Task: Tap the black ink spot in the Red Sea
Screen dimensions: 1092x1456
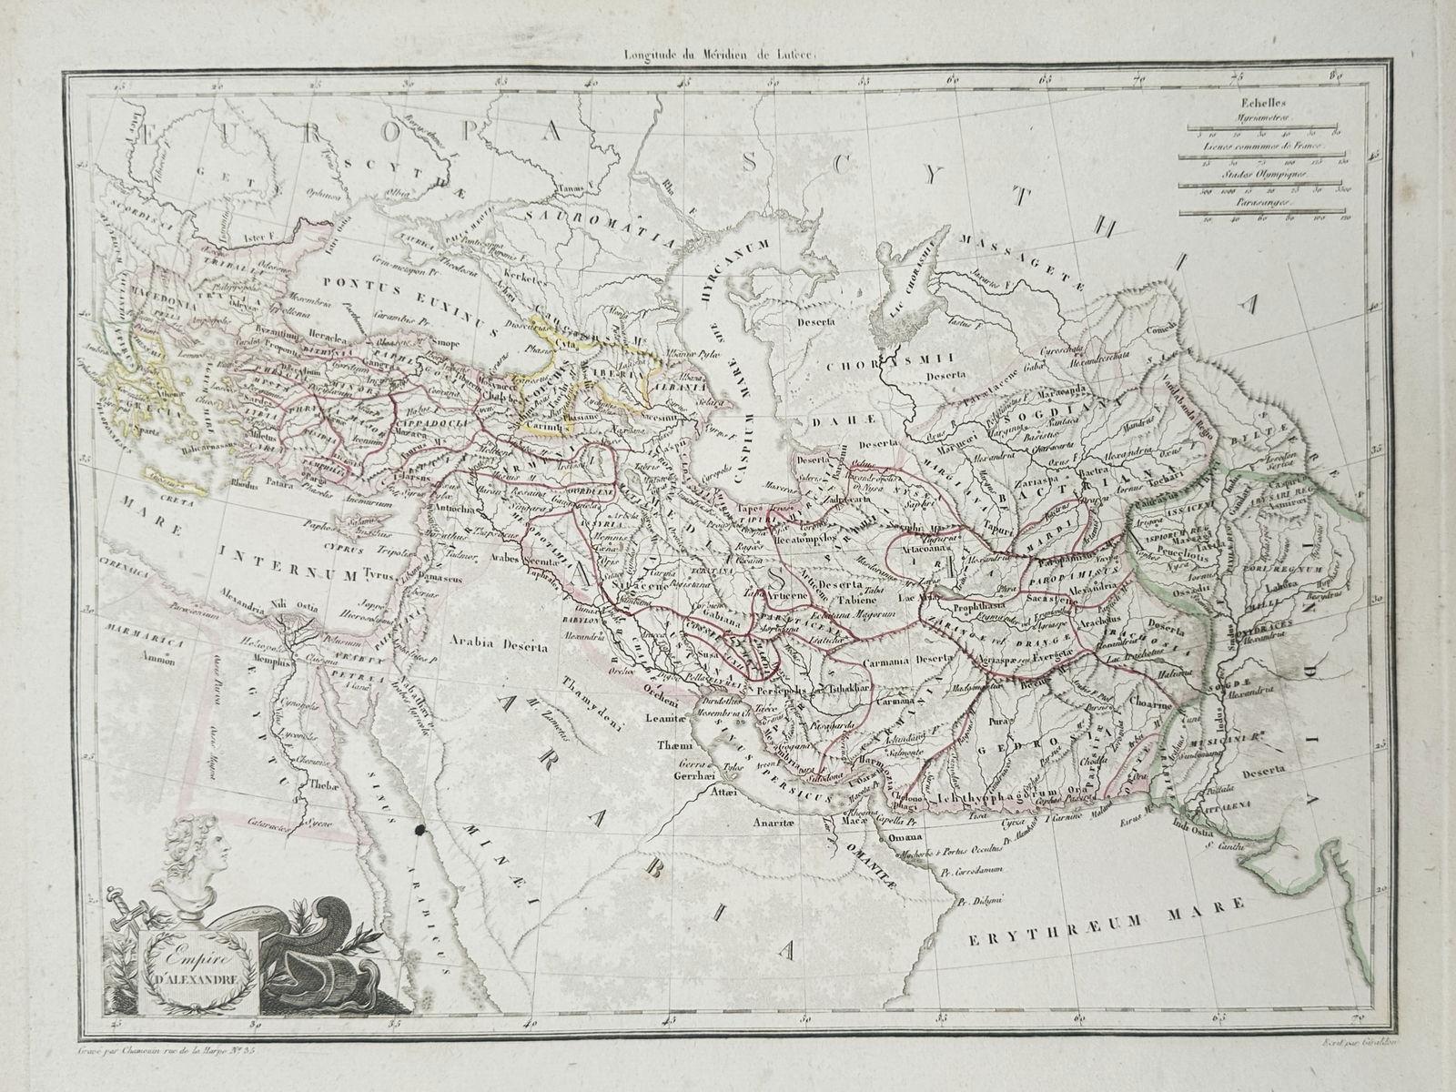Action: click(x=418, y=829)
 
